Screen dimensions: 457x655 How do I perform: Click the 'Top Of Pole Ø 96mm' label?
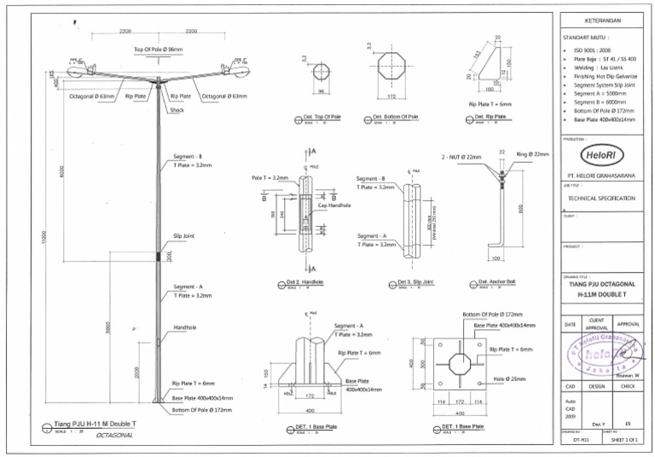coord(158,49)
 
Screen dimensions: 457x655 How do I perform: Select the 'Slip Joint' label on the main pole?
coord(184,235)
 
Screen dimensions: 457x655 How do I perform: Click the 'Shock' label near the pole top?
coord(177,109)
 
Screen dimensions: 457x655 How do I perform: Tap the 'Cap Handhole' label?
coord(334,205)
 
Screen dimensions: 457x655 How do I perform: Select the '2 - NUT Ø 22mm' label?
coord(461,158)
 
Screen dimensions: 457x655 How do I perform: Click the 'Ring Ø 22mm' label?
coord(533,154)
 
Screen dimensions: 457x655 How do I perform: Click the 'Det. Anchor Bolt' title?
coord(496,282)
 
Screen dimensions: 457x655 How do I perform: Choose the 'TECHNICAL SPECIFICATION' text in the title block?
coord(601,198)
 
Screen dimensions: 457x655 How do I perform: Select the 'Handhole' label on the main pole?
coord(186,327)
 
